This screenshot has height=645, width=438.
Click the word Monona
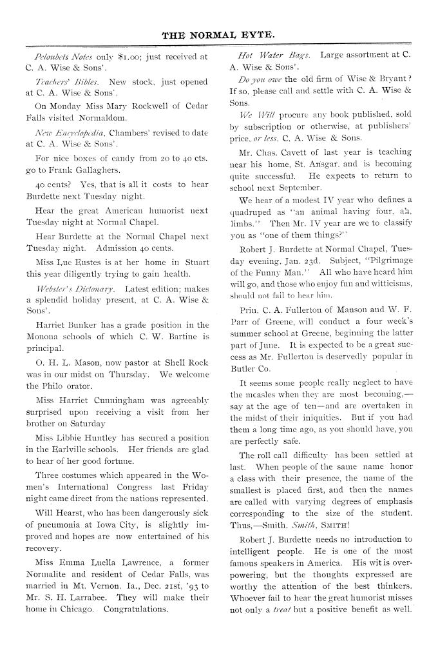point(43,337)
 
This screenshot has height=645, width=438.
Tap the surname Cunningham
point(129,400)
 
